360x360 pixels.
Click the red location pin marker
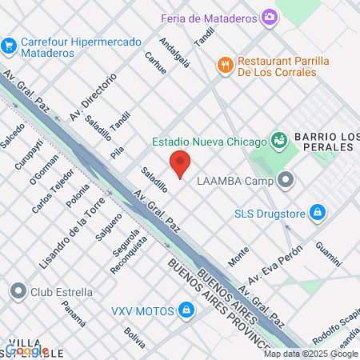click(180, 164)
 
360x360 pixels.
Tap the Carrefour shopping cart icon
click(10, 45)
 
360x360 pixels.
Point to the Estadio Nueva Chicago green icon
click(278, 141)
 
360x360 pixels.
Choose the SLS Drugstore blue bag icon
click(318, 212)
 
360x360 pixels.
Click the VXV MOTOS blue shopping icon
click(186, 309)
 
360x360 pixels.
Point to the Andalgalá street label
click(174, 54)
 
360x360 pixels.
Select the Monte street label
click(238, 256)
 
